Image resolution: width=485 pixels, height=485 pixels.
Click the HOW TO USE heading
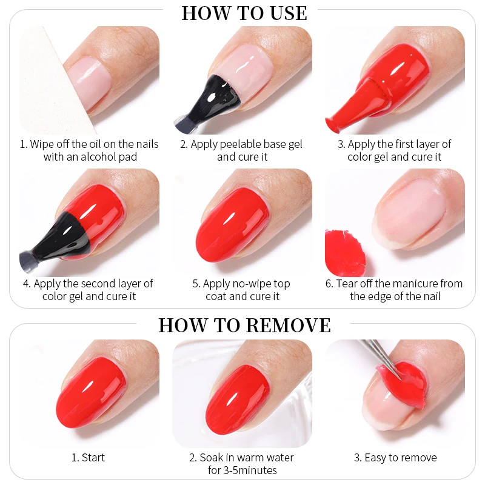[244, 13]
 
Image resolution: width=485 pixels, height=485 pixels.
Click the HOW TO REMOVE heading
[244, 325]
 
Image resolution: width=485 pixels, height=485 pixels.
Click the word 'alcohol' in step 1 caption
[99, 157]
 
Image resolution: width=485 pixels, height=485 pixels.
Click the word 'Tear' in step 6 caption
[347, 283]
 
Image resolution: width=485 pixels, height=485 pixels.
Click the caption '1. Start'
[88, 458]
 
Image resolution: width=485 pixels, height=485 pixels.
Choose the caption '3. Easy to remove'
[395, 458]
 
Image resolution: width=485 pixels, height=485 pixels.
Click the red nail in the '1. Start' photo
[92, 393]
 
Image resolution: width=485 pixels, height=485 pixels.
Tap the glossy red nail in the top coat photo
[232, 224]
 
